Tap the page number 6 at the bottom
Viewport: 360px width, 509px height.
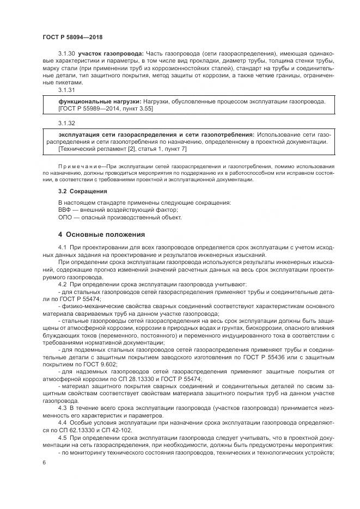click(x=44, y=462)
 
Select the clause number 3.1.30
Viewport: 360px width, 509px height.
click(x=67, y=53)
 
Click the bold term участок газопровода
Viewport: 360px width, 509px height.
click(x=111, y=53)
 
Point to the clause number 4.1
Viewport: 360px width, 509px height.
click(x=62, y=248)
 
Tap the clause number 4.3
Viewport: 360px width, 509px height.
click(x=62, y=407)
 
